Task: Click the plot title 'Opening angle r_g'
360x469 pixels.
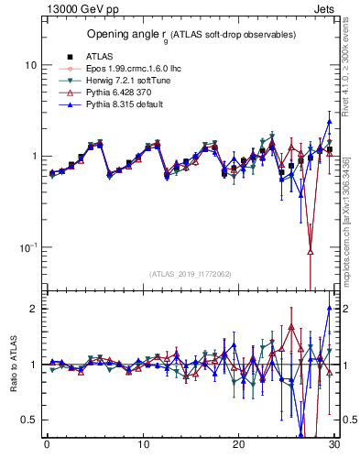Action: click(191, 35)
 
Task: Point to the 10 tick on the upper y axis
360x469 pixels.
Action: click(30, 66)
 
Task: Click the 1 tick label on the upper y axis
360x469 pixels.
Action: click(33, 157)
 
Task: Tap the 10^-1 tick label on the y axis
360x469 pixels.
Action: click(27, 247)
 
